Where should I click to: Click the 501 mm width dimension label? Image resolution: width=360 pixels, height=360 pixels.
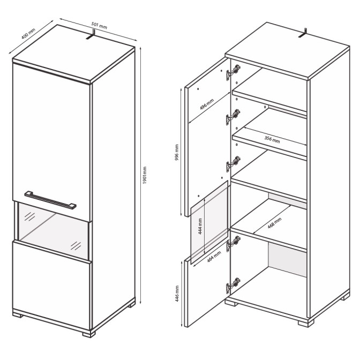(x=99, y=25)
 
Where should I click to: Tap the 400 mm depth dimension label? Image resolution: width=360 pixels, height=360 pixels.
(x=28, y=34)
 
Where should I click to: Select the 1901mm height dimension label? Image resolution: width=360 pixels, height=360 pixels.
(x=145, y=175)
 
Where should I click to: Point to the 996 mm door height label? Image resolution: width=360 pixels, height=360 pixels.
(x=177, y=152)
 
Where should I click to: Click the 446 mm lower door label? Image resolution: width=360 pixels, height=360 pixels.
(x=177, y=294)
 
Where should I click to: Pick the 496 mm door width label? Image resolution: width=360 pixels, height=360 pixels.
(x=207, y=104)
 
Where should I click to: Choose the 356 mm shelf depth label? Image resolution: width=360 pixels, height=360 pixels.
(x=272, y=139)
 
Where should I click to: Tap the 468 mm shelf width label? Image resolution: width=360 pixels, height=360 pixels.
(x=275, y=223)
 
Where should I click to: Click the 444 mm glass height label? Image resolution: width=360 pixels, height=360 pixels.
(x=200, y=227)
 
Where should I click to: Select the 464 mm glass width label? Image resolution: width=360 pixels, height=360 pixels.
(x=214, y=257)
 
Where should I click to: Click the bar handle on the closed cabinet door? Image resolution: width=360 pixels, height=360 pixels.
(x=50, y=200)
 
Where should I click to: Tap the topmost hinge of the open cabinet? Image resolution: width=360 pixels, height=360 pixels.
(x=233, y=72)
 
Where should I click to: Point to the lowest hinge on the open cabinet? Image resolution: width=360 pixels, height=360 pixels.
(x=233, y=286)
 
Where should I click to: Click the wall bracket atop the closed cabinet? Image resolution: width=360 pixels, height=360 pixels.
(x=91, y=34)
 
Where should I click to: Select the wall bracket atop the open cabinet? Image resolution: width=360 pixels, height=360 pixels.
(x=303, y=33)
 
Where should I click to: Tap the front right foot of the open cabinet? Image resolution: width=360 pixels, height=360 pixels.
(x=306, y=323)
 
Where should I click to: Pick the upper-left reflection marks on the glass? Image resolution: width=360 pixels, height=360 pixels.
(x=29, y=216)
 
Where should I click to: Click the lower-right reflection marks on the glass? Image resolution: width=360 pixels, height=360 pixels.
(x=76, y=246)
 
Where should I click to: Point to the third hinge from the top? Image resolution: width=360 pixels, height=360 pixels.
(x=233, y=164)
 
